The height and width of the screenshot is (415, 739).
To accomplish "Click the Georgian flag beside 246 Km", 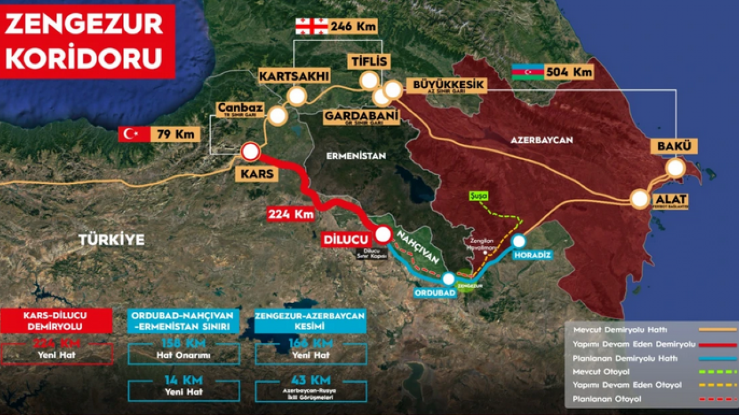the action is point(311,26).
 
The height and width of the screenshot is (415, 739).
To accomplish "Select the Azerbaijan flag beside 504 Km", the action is point(527,71).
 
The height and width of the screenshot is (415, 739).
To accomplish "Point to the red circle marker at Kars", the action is point(251,152).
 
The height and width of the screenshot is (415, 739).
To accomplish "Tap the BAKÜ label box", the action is point(674,146).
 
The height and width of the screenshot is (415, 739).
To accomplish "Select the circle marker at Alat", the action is point(640,199).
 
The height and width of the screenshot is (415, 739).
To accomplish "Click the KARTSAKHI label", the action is point(294,76).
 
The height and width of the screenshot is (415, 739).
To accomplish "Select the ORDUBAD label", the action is point(435,292).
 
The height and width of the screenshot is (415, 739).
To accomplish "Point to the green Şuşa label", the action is point(478,196).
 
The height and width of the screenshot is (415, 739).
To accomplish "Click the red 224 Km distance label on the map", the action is point(290,214).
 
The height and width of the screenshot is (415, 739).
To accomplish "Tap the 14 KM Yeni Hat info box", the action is point(184,384).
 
